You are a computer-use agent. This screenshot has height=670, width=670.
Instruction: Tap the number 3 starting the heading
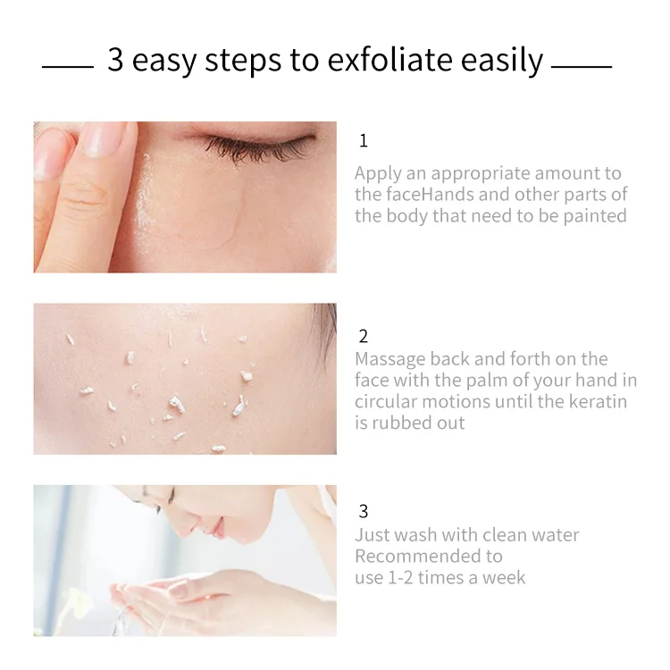click(x=115, y=61)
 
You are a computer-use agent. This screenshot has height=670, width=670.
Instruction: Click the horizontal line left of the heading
click(x=67, y=66)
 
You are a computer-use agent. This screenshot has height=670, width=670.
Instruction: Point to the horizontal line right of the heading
click(x=582, y=66)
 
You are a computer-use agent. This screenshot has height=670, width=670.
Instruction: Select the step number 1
click(x=363, y=141)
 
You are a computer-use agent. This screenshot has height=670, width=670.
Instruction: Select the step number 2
click(x=363, y=337)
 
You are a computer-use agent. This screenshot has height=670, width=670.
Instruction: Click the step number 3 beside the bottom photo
click(x=363, y=512)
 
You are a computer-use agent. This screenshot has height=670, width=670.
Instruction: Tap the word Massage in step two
click(x=389, y=359)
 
